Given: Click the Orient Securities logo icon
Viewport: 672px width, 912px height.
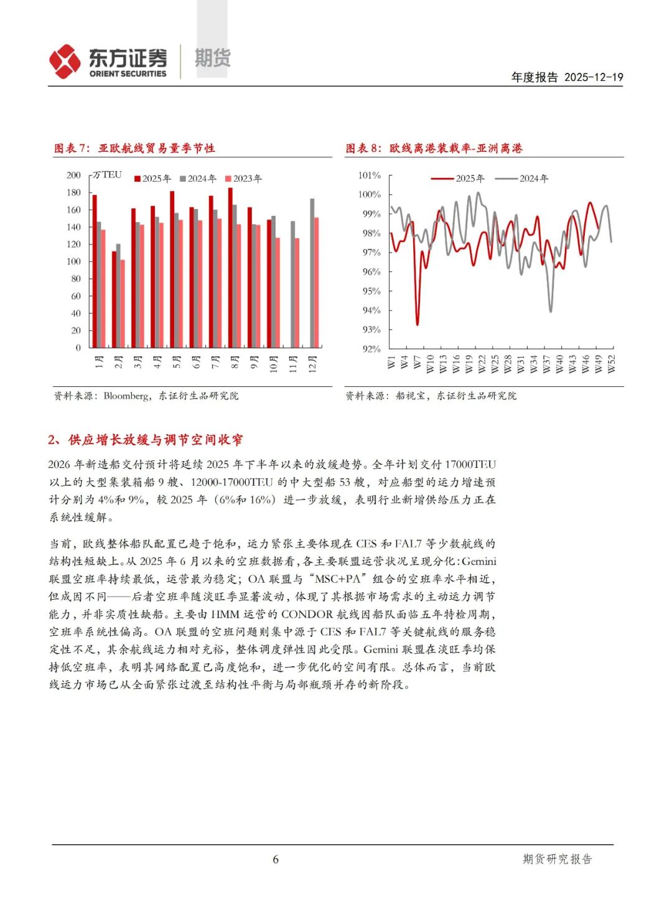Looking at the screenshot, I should coord(65,62).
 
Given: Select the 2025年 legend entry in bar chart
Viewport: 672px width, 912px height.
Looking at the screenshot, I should coord(152,179).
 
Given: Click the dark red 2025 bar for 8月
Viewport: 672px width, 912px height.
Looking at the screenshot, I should coord(230,268).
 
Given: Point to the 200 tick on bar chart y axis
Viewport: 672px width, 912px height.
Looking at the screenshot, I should coord(73,175).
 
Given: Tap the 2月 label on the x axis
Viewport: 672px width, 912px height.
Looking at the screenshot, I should coord(118,362).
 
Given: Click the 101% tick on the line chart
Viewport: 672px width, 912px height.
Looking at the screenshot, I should coord(370,175).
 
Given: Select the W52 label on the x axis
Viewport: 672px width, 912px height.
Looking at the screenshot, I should coord(611,363).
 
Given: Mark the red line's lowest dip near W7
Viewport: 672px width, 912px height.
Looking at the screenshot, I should coord(417,324).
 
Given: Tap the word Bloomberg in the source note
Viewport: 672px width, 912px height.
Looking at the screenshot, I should coord(126,396).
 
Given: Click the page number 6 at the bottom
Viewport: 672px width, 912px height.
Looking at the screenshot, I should coord(276,859).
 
